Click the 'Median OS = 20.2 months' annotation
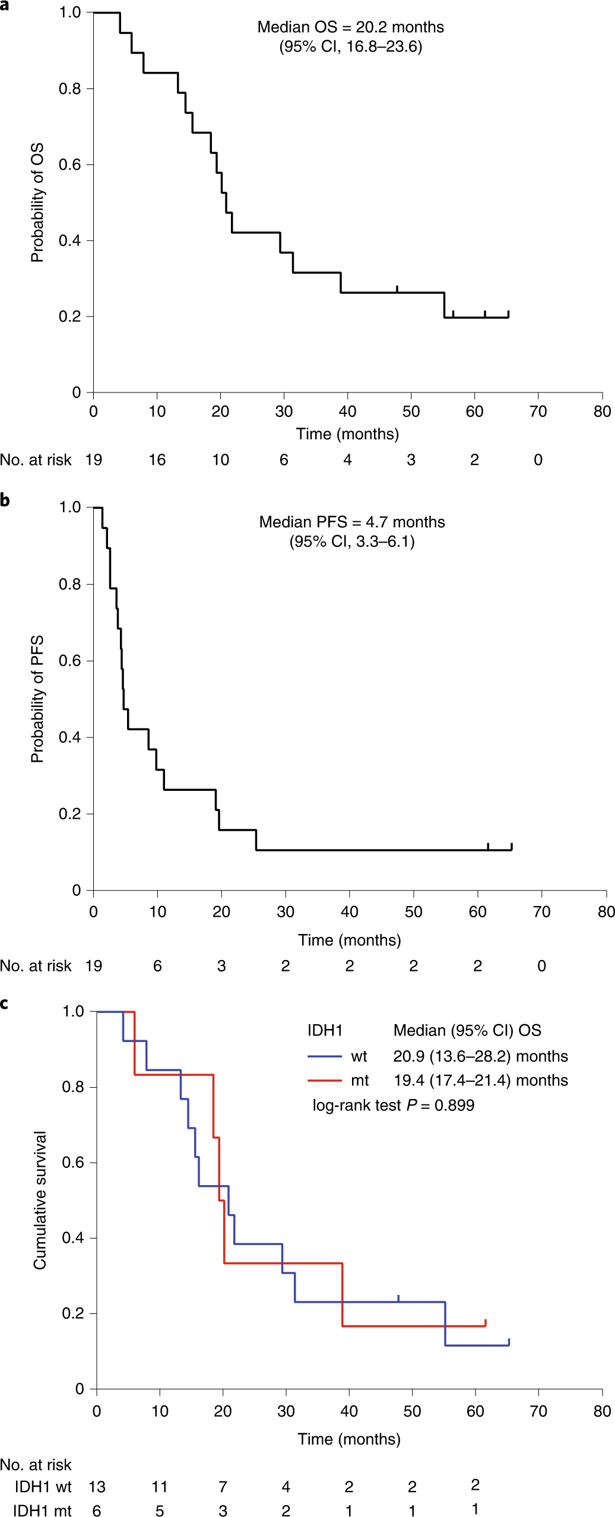pyautogui.click(x=350, y=27)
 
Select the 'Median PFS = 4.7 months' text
pyautogui.click(x=351, y=522)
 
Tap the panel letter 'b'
pyautogui.click(x=5, y=500)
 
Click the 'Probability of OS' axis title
pyautogui.click(x=37, y=202)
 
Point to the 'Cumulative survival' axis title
pyautogui.click(x=40, y=1200)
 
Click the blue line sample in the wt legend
pyautogui.click(x=324, y=1056)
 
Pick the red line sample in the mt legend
pyautogui.click(x=324, y=1081)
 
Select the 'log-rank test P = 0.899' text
pyautogui.click(x=393, y=1105)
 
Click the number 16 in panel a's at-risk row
pyautogui.click(x=157, y=460)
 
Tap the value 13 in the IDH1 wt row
pyautogui.click(x=97, y=1487)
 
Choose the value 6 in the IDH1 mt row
pyautogui.click(x=97, y=1511)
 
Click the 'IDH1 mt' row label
pyautogui.click(x=42, y=1511)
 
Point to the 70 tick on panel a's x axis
pyautogui.click(x=538, y=411)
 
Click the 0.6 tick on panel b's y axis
pyautogui.click(x=69, y=661)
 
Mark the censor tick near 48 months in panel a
pyautogui.click(x=397, y=289)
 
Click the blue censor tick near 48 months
pyautogui.click(x=398, y=1299)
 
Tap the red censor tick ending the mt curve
pyautogui.click(x=486, y=1322)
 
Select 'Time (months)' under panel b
pyautogui.click(x=349, y=940)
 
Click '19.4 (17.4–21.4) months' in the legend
pyautogui.click(x=480, y=1081)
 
